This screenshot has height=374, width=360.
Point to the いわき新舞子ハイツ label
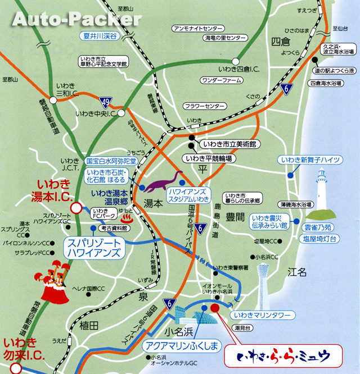(x=310, y=159)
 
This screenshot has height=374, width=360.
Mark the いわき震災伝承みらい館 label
(x=270, y=221)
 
